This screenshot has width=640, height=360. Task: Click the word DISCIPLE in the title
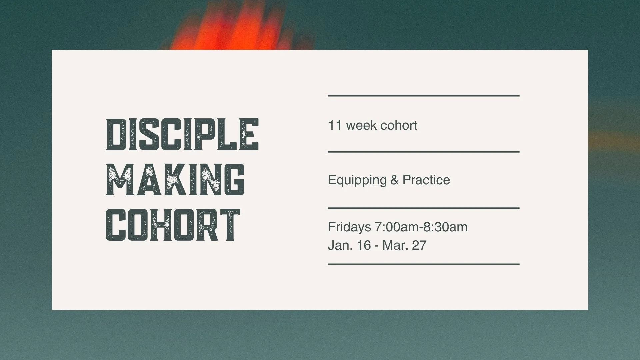[182, 134]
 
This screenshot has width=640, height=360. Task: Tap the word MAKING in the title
[175, 180]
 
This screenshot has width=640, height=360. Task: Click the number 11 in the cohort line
[335, 125]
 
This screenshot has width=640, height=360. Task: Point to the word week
[361, 125]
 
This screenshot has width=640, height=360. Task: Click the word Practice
[426, 180]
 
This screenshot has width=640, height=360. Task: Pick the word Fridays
[349, 227]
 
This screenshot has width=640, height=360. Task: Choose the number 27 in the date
[419, 245]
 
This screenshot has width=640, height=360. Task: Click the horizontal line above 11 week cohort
[423, 96]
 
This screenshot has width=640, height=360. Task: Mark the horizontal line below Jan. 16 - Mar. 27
[423, 264]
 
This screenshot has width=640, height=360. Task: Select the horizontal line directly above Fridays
[423, 208]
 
